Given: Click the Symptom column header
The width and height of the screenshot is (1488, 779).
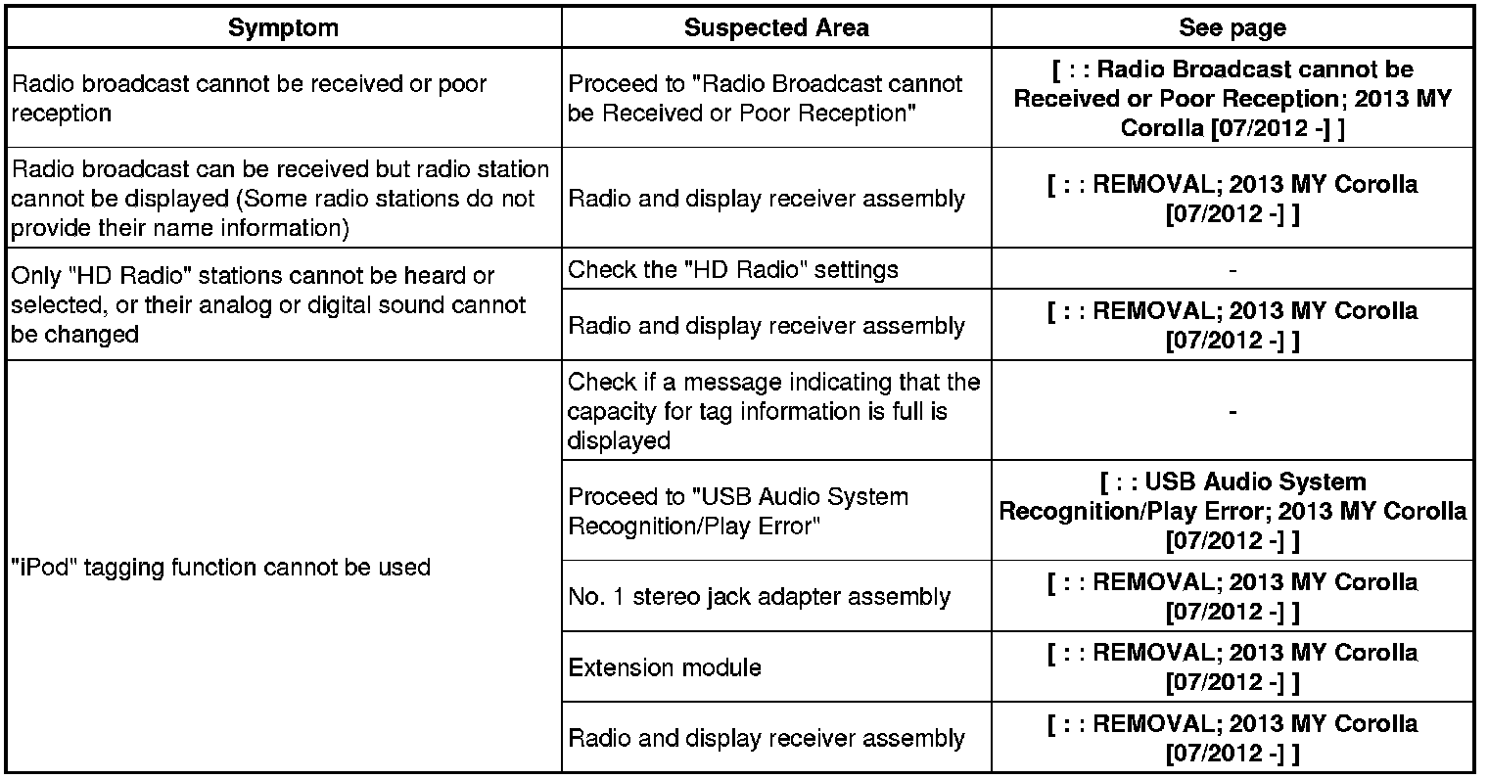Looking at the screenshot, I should tap(283, 27).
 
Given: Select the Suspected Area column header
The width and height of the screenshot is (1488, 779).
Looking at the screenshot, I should tap(775, 27).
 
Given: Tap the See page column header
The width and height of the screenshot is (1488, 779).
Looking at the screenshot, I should tap(1232, 27).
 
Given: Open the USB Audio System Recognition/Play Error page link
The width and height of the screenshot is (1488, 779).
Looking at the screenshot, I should tap(1232, 511).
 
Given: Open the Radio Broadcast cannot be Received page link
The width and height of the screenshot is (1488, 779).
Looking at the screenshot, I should tap(1232, 98).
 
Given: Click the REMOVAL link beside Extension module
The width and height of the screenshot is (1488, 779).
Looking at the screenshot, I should tap(1232, 667).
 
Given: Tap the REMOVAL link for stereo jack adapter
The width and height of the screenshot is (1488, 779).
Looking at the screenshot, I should tap(1232, 596).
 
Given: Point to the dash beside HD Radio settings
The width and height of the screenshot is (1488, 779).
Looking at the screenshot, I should tap(1232, 269).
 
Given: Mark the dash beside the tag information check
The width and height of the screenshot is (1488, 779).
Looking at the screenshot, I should tap(1232, 412).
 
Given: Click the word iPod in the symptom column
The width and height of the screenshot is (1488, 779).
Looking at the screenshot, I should tap(47, 568).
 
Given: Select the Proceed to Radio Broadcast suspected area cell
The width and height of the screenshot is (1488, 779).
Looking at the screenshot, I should tap(765, 98).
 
